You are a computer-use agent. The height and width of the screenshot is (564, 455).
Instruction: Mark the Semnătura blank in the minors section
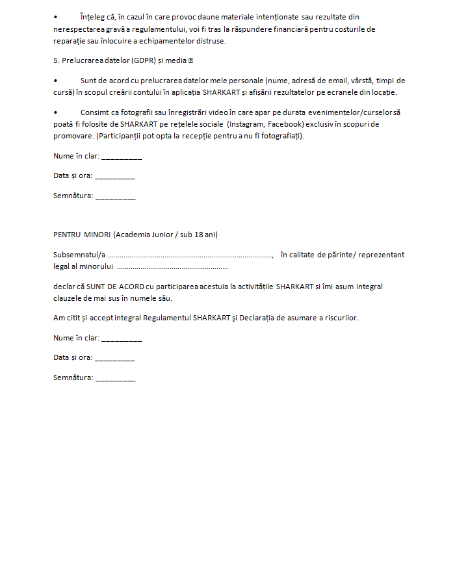(116, 378)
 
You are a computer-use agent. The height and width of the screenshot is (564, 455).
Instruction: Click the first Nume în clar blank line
(122, 157)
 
